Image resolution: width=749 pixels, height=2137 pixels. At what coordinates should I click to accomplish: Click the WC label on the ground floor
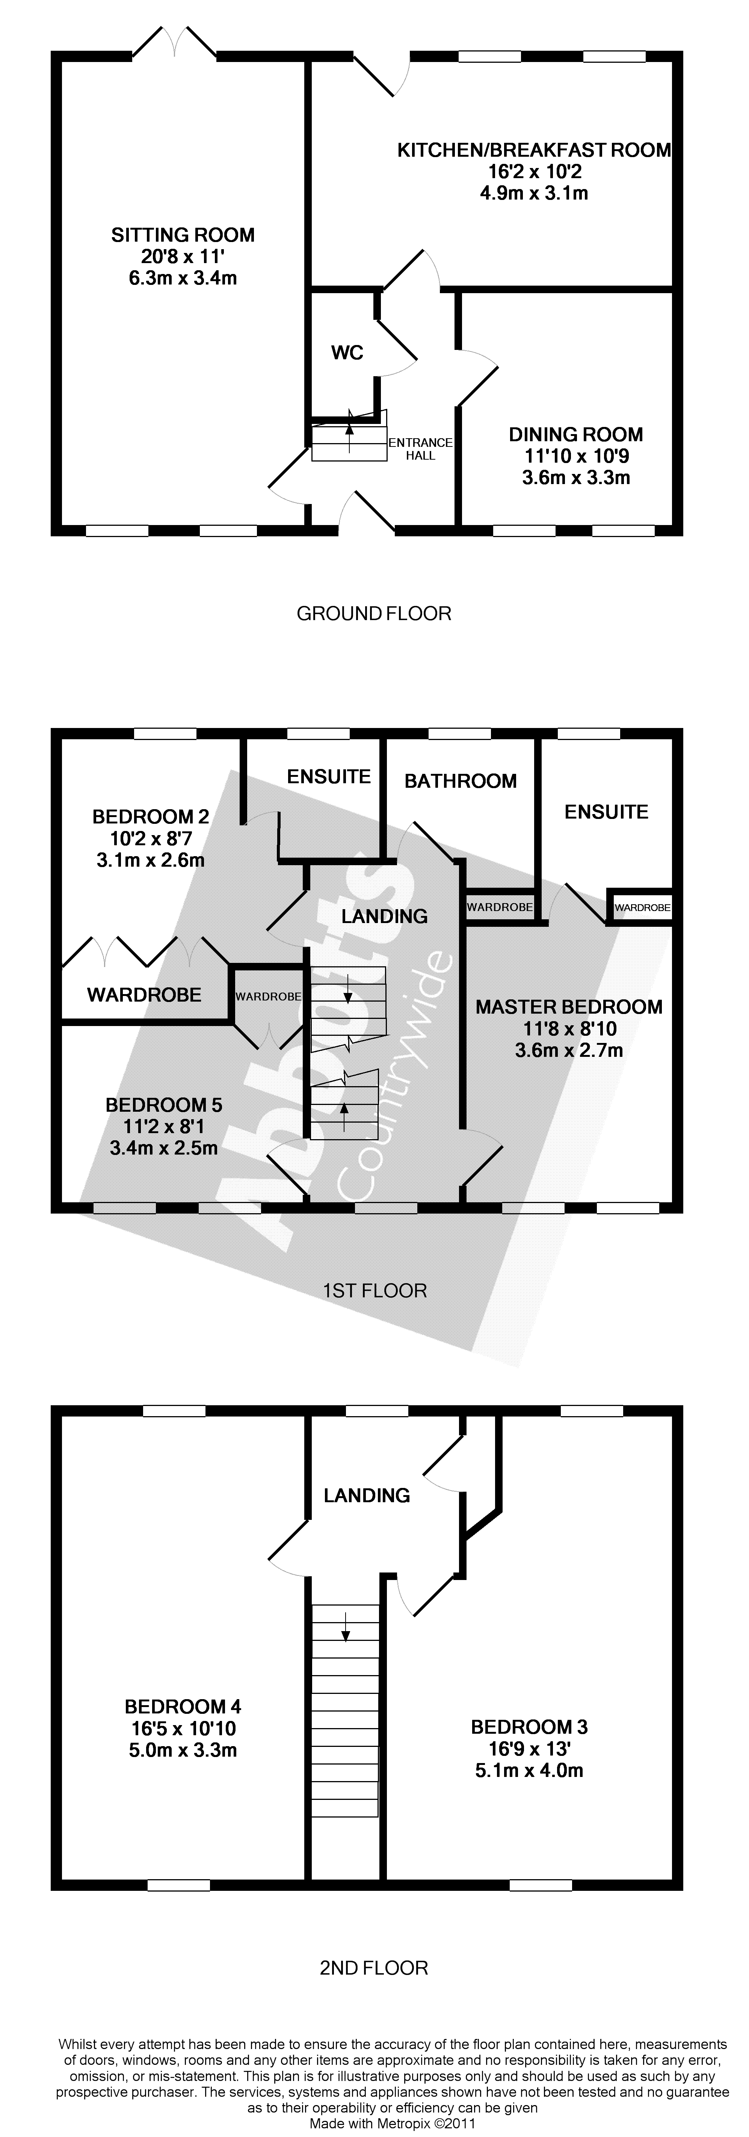pos(347,353)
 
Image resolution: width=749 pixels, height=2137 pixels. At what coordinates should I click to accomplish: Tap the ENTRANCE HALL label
pos(421,449)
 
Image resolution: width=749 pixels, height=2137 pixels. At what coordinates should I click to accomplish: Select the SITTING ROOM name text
pos(183,235)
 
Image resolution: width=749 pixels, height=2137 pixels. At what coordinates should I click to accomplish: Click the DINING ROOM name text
pos(575,434)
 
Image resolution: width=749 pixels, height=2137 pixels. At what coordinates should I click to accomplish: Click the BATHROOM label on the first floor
pos(461,781)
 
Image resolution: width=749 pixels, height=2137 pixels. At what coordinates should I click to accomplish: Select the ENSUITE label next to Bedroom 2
pos(328,776)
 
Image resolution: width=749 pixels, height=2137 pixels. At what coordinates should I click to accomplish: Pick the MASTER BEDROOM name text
pos(569,1007)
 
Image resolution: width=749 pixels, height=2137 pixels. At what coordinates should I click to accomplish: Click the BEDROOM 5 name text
pos(163,1105)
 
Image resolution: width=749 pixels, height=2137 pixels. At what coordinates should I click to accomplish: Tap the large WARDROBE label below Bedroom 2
pos(144,994)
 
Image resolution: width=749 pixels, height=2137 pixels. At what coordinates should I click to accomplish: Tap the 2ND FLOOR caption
pos(374,1967)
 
